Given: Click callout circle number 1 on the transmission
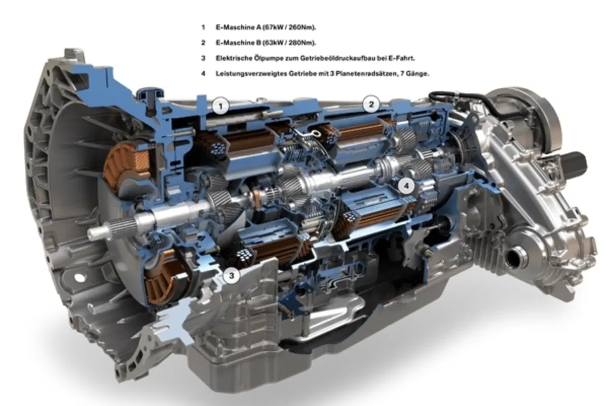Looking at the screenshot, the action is coord(221,106).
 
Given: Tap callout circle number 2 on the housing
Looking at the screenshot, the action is coord(371,104).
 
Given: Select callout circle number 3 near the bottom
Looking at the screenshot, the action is coord(232,276).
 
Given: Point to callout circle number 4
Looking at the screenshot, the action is coord(406,186).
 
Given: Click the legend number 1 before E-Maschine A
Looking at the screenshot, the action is coord(203,27).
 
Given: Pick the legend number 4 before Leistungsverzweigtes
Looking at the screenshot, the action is coord(203,74).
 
